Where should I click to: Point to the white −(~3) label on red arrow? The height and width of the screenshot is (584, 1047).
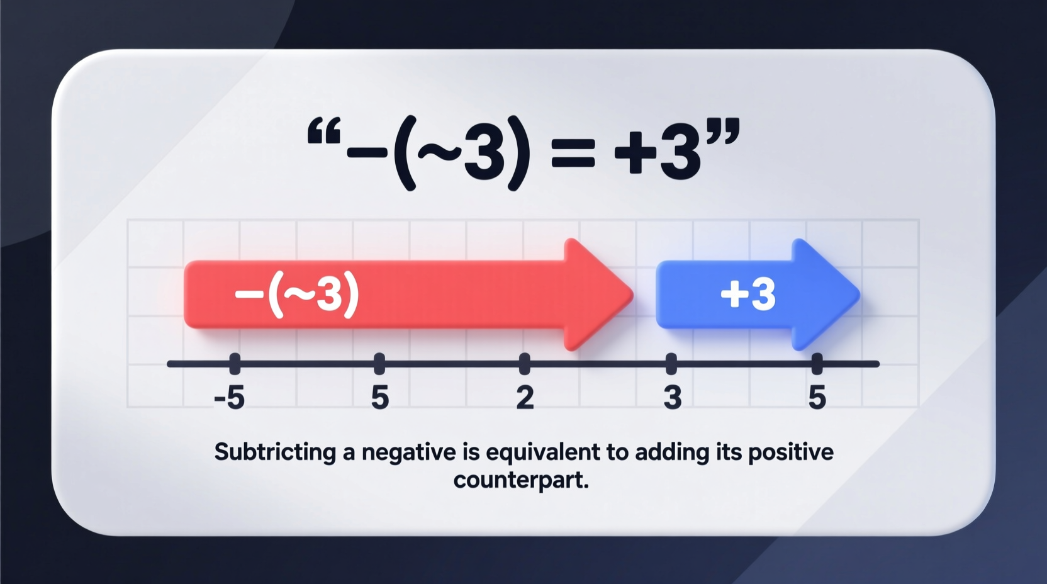click(x=296, y=294)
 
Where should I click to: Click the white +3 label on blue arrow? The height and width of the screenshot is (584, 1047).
click(x=748, y=294)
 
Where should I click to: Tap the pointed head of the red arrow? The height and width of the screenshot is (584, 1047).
click(x=598, y=295)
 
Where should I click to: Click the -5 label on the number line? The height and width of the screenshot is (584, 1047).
click(x=229, y=398)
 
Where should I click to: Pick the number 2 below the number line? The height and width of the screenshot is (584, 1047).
click(x=525, y=398)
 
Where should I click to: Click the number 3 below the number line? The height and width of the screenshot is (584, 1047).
click(x=672, y=398)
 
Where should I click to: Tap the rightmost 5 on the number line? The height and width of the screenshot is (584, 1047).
click(x=817, y=398)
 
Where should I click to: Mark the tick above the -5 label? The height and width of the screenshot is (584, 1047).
click(x=235, y=363)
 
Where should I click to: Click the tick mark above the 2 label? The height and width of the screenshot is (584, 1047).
click(x=525, y=363)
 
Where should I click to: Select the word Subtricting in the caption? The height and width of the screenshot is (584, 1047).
click(x=275, y=452)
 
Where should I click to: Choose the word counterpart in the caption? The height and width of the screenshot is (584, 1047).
click(x=521, y=480)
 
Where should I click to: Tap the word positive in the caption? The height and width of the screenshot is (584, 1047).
click(x=790, y=452)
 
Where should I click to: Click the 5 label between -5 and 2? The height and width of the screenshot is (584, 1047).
click(x=379, y=398)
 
